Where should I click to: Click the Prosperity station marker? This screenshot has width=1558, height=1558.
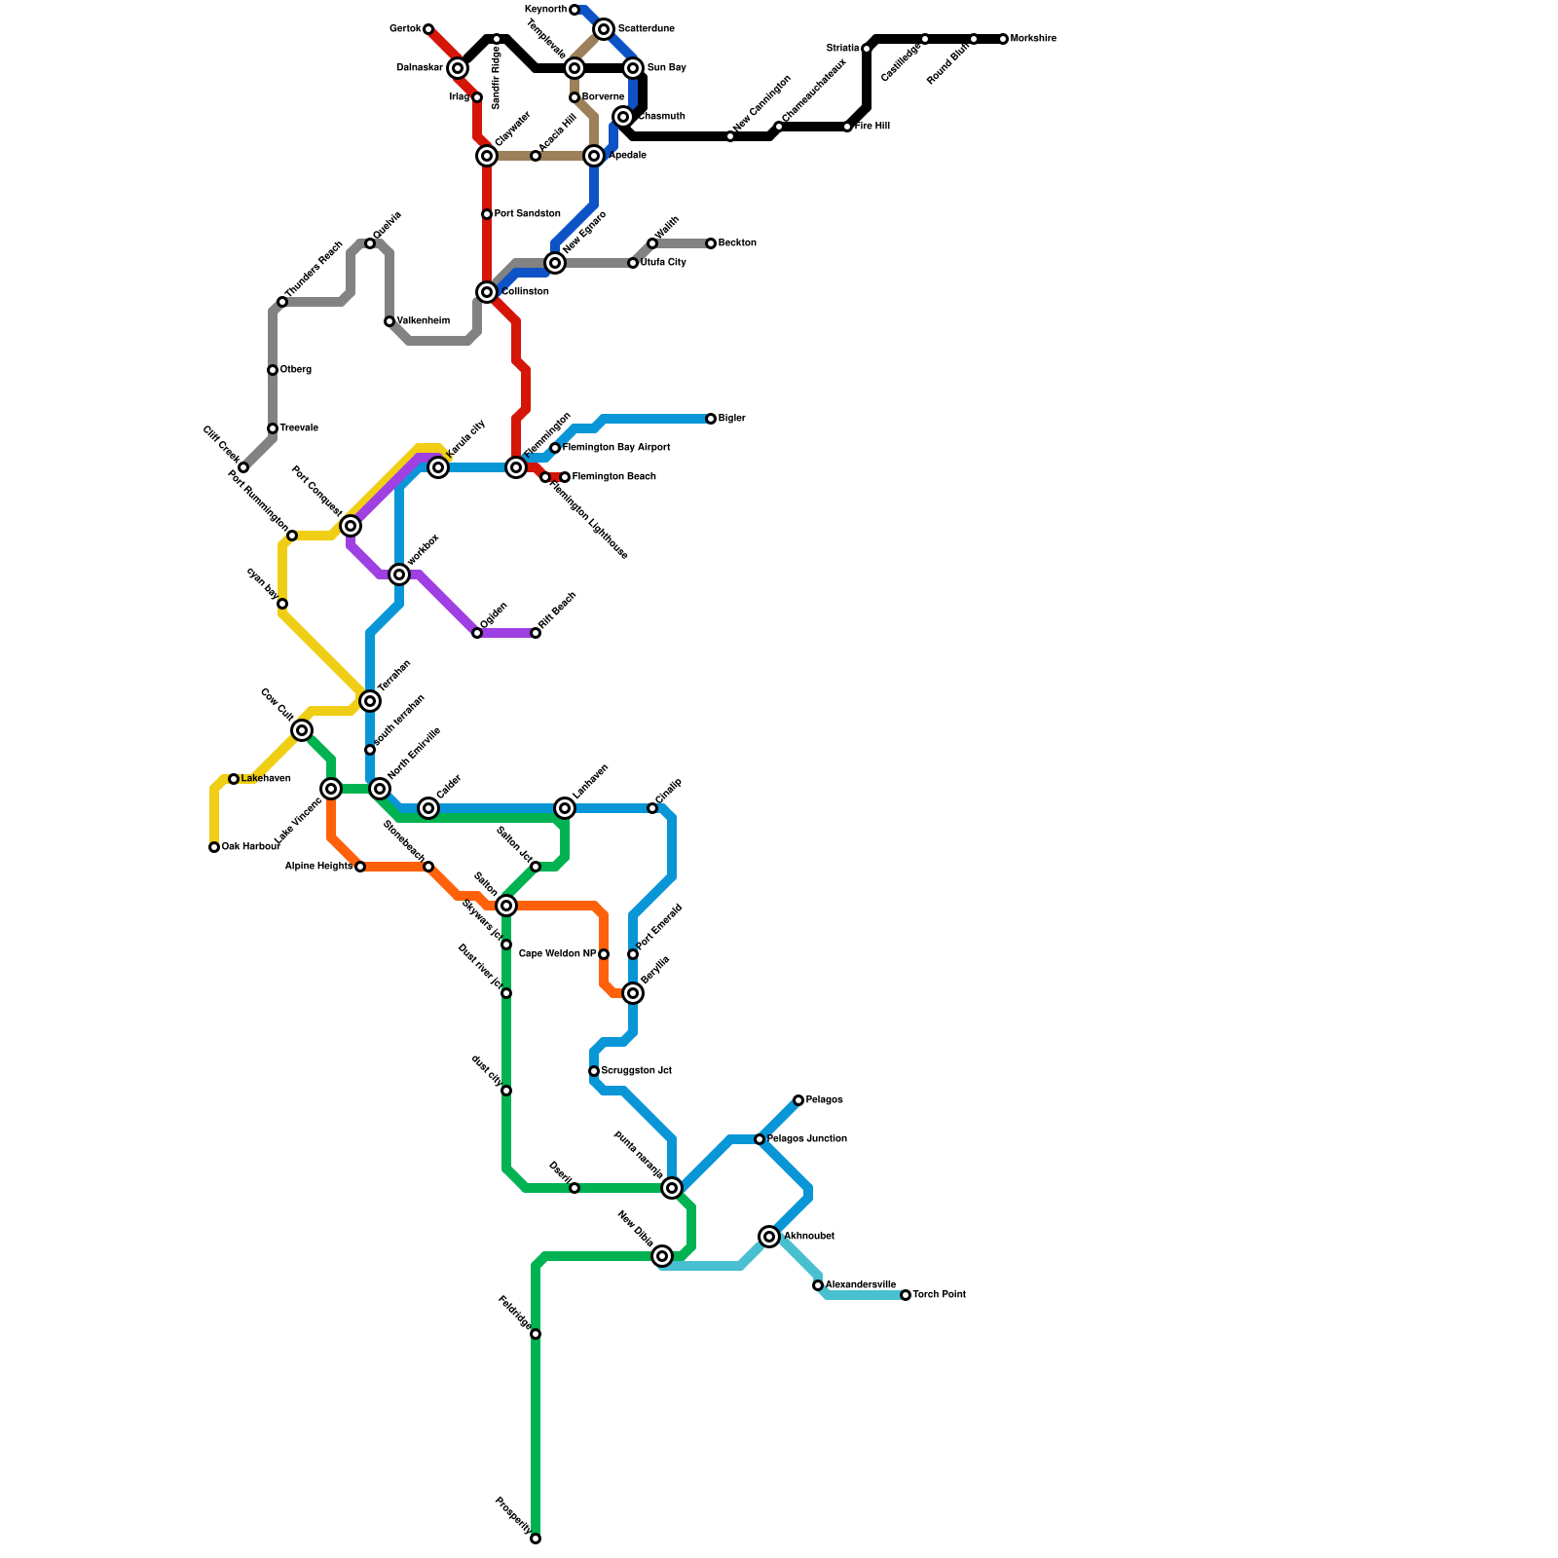pyautogui.click(x=536, y=1539)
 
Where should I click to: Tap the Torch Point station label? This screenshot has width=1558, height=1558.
pyautogui.click(x=939, y=1295)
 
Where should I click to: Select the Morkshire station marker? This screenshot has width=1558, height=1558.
pyautogui.click(x=1003, y=39)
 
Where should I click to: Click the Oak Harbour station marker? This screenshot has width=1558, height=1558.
pyautogui.click(x=214, y=847)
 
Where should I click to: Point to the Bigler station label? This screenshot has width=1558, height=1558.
pyautogui.click(x=731, y=419)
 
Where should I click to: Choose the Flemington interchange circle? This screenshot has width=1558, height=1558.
pyautogui.click(x=516, y=467)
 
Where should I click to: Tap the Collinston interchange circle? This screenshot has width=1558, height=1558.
pyautogui.click(x=487, y=292)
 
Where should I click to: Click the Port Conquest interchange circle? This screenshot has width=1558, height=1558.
pyautogui.click(x=351, y=526)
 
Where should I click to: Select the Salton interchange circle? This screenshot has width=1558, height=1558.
pyautogui.click(x=506, y=906)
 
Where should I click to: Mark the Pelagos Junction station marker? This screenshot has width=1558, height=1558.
pyautogui.click(x=760, y=1139)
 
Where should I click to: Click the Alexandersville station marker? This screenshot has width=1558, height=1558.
pyautogui.click(x=818, y=1285)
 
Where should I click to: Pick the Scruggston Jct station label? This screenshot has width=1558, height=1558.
pyautogui.click(x=636, y=1071)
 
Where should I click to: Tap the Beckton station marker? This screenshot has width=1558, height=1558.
pyautogui.click(x=711, y=243)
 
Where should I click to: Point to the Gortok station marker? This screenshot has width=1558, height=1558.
pyautogui.click(x=428, y=29)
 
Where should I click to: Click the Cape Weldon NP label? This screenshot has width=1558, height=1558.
pyautogui.click(x=557, y=954)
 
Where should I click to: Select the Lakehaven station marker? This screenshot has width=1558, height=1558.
pyautogui.click(x=234, y=779)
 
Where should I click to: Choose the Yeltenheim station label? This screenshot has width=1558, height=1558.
pyautogui.click(x=423, y=321)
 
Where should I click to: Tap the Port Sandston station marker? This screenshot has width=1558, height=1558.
pyautogui.click(x=487, y=214)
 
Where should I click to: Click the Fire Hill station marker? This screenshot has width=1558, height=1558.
pyautogui.click(x=847, y=127)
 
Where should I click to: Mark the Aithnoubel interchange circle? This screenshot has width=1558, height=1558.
pyautogui.click(x=770, y=1237)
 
